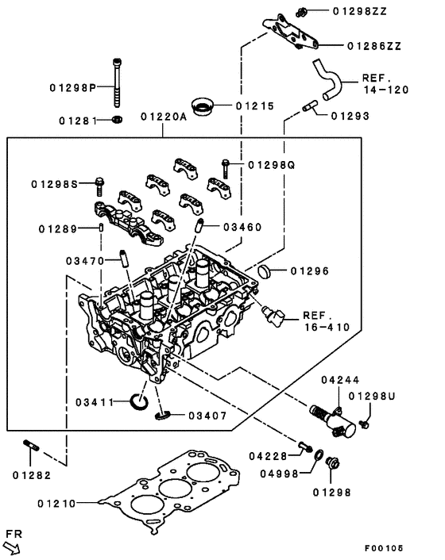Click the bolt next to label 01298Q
226,167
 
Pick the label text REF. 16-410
327,320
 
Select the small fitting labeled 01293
308,106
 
